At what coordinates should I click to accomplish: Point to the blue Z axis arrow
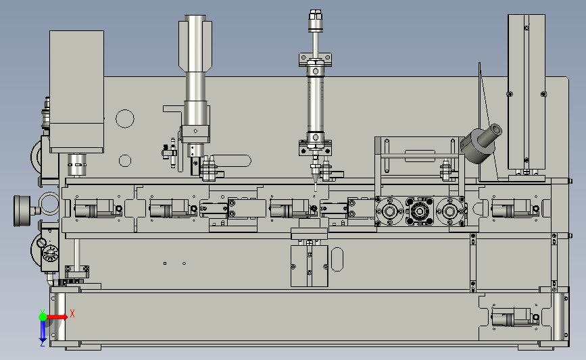[43, 331]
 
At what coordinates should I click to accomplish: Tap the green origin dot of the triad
[43, 317]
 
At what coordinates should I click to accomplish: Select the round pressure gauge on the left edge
[22, 211]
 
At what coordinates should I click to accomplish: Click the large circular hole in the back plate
[125, 119]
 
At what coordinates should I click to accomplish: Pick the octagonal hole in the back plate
[125, 161]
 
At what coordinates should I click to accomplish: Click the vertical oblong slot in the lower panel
[337, 259]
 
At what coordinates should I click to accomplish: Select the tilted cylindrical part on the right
[481, 144]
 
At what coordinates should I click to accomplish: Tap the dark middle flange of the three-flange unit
[420, 211]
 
